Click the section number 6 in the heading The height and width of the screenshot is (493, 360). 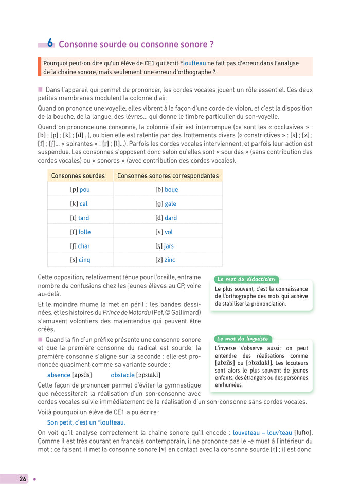(x=50, y=43)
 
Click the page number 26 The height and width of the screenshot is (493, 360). (x=23, y=479)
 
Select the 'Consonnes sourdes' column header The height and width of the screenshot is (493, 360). (x=78, y=175)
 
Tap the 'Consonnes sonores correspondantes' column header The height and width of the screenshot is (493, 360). (x=168, y=175)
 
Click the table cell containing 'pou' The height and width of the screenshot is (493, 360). (x=80, y=190)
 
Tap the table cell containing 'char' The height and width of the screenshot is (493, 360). (x=80, y=246)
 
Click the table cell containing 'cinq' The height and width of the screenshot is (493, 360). (x=80, y=260)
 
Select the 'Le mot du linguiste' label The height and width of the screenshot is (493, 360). (x=243, y=339)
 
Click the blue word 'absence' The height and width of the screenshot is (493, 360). (x=59, y=375)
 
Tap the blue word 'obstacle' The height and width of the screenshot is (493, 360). (x=122, y=375)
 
